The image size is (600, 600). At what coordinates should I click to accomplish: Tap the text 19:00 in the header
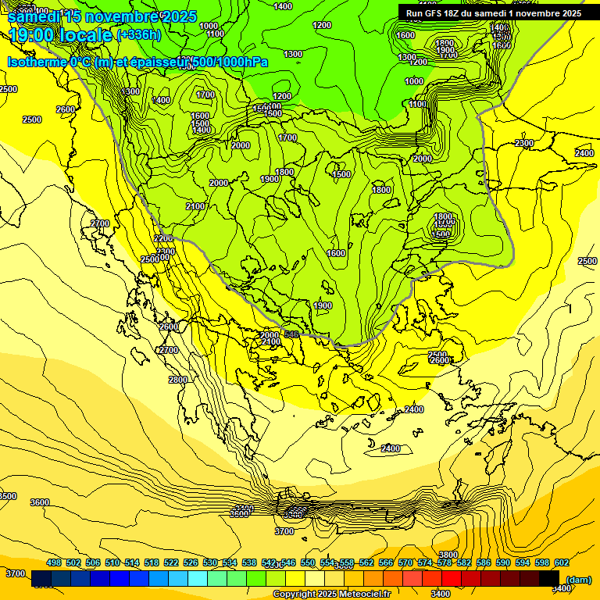point(34,35)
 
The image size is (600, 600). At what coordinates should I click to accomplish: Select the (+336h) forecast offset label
point(138,34)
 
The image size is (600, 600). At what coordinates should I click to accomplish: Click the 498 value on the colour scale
point(54,562)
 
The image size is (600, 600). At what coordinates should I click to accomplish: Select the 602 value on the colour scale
point(561,562)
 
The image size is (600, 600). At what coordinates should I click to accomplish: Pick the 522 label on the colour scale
point(171,562)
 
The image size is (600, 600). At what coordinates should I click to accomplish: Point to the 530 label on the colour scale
point(210,562)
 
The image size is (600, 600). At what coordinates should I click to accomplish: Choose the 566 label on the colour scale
point(386,562)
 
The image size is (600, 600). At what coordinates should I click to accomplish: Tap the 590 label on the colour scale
point(503,562)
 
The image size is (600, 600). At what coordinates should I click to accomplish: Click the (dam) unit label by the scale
point(578,579)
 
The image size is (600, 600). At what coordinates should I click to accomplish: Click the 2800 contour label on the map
point(178,380)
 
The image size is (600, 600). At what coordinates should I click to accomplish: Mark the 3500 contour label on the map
point(7,496)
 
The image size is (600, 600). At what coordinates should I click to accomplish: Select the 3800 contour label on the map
point(448,555)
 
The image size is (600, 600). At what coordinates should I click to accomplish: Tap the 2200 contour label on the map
point(163,238)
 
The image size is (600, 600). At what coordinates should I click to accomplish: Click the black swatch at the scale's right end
point(550,579)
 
